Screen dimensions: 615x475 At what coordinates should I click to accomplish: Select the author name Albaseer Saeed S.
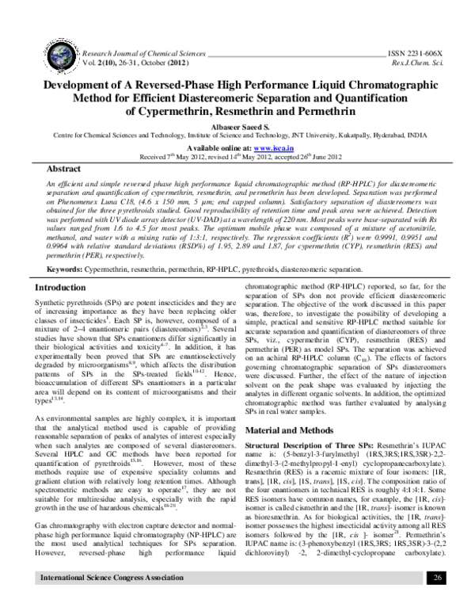[x=237, y=126]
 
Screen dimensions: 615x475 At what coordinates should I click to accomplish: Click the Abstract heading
[x=63, y=170]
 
